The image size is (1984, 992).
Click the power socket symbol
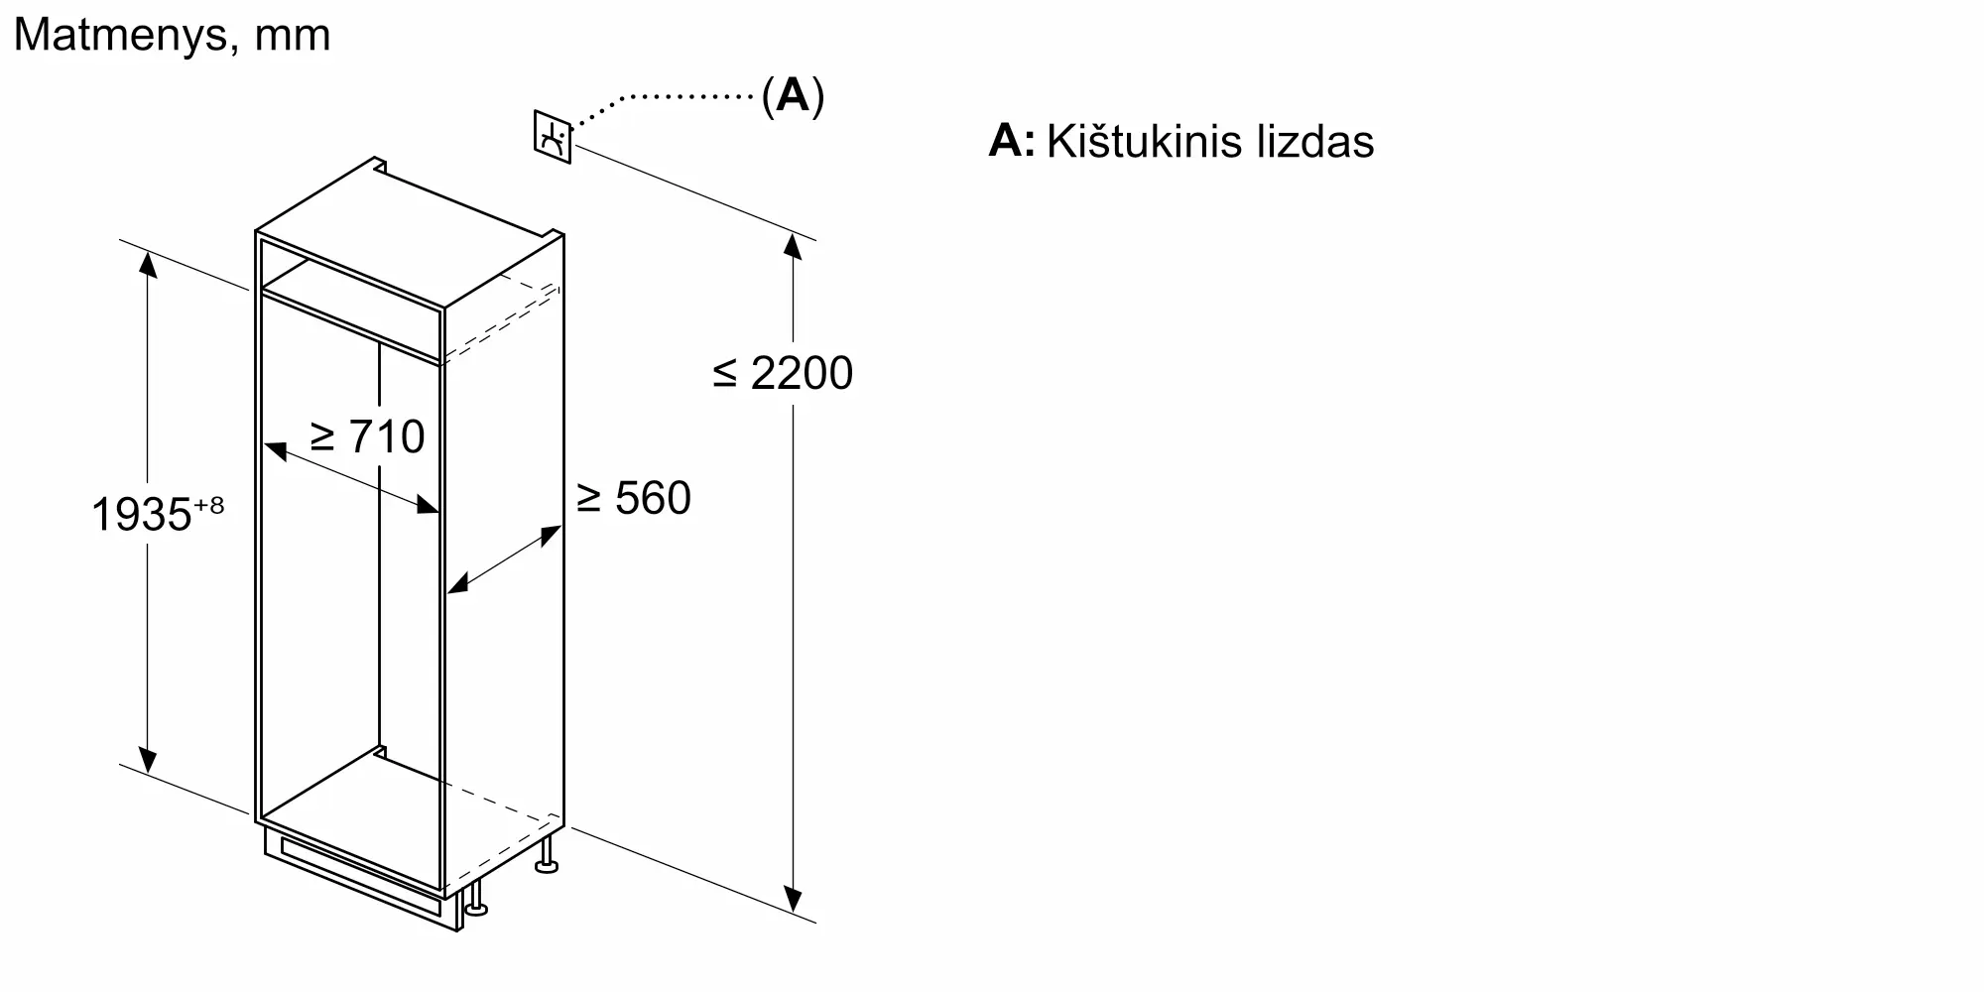point(553,137)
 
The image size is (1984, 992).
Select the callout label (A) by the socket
point(793,95)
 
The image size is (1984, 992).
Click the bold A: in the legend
point(1011,141)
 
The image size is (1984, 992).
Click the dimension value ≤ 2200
point(783,373)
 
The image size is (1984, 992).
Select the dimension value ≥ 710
point(367,436)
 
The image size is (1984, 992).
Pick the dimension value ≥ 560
point(634,498)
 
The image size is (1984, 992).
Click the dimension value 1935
point(141,515)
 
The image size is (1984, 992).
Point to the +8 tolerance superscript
point(209,505)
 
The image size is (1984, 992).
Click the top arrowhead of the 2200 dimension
point(793,245)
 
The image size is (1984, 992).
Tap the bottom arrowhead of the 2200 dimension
point(793,900)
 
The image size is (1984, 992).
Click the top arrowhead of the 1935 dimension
point(148,264)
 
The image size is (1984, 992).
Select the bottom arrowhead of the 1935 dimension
point(148,760)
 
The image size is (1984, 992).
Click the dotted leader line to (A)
point(675,97)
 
